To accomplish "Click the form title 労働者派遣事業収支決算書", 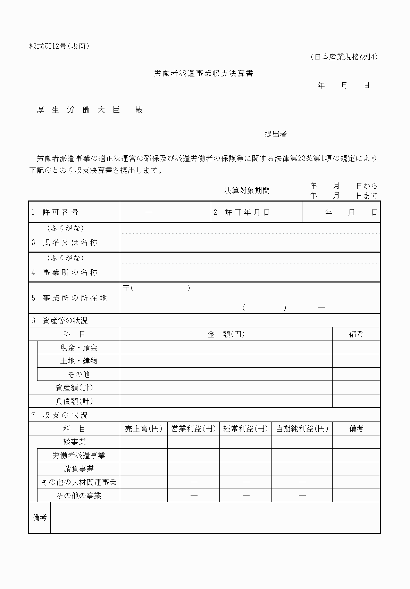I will click(x=203, y=73).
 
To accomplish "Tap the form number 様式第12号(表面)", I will click(x=59, y=46).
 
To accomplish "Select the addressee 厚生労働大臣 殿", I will click(x=90, y=110).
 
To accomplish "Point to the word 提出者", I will click(x=276, y=134).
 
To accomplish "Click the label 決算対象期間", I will click(x=247, y=190).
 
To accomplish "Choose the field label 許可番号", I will click(x=60, y=212).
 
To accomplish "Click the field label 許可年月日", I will click(x=247, y=212).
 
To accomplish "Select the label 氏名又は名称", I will click(x=70, y=243).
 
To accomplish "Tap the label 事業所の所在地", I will click(x=75, y=298).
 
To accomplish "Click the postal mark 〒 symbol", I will click(x=126, y=288).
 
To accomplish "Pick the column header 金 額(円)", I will click(x=226, y=334).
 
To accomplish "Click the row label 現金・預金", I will click(x=79, y=347).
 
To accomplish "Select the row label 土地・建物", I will click(x=79, y=361).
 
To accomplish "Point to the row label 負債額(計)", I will click(x=74, y=401).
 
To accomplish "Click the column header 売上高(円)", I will click(x=144, y=429).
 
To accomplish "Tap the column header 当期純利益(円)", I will click(x=302, y=429).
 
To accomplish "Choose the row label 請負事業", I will click(x=79, y=469).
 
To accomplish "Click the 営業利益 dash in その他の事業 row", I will click(x=194, y=496).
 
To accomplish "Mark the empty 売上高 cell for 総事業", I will click(x=144, y=442).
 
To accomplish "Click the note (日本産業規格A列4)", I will click(x=344, y=57).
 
